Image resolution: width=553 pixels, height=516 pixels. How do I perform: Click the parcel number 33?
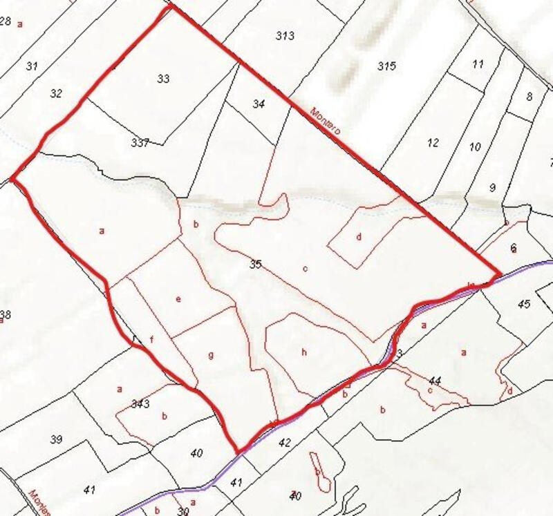pyautogui.click(x=163, y=79)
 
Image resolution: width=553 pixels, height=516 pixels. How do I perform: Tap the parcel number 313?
pyautogui.click(x=285, y=36)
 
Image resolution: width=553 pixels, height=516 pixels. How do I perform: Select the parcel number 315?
pyautogui.click(x=386, y=66)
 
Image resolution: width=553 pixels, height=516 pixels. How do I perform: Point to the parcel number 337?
pyautogui.click(x=140, y=142)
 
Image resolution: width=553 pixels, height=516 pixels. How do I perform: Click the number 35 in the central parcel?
pyautogui.click(x=256, y=264)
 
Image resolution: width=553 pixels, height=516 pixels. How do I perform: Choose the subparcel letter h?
pyautogui.click(x=303, y=352)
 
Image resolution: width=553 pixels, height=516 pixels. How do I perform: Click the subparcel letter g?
pyautogui.click(x=211, y=355)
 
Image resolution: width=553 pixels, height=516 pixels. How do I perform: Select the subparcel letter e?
pyautogui.click(x=178, y=299)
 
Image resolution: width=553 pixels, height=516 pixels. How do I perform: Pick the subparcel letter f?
pyautogui.click(x=151, y=339)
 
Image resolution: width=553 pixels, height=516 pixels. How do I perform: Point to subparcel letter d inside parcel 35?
pyautogui.click(x=359, y=237)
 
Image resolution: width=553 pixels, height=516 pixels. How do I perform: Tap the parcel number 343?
pyautogui.click(x=140, y=403)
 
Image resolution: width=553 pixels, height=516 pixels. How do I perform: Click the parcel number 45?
pyautogui.click(x=523, y=304)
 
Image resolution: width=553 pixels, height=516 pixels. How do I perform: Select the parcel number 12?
pyautogui.click(x=433, y=143)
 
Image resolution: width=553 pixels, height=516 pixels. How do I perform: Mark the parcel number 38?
pyautogui.click(x=6, y=315)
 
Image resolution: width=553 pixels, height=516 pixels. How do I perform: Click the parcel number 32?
pyautogui.click(x=57, y=93)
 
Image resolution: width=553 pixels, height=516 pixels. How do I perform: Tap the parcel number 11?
pyautogui.click(x=478, y=64)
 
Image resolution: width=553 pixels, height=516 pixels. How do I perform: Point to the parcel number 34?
pyautogui.click(x=259, y=104)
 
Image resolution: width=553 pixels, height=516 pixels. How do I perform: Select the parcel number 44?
pyautogui.click(x=435, y=381)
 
